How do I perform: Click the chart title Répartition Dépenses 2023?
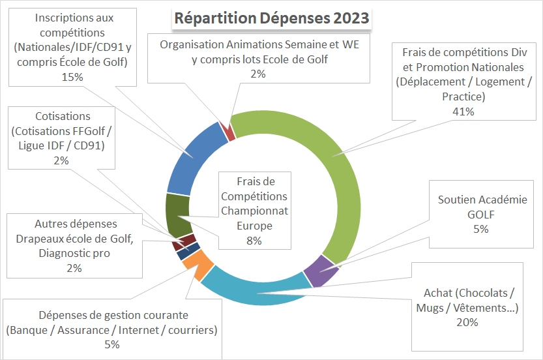coord(271,18)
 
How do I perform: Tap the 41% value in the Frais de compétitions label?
coord(463,111)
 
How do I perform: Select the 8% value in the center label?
coord(254,241)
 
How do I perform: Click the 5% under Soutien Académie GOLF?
coord(481,228)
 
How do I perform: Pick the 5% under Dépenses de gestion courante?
coord(111,344)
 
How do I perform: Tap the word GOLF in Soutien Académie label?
coord(481,214)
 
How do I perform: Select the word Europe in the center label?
coord(254,226)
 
